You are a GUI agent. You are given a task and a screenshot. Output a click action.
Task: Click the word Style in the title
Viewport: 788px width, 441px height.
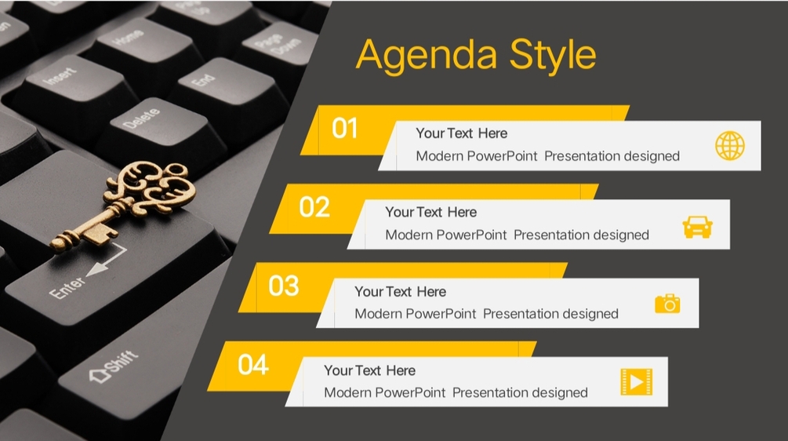tap(553, 55)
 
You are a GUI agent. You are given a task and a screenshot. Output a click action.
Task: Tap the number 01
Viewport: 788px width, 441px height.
tap(345, 128)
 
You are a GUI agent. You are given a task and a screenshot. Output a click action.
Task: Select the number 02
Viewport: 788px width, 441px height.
tap(314, 207)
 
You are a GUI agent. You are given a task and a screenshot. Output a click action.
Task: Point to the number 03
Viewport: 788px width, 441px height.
tap(284, 286)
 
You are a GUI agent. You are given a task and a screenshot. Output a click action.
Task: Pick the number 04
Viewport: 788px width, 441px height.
tap(253, 365)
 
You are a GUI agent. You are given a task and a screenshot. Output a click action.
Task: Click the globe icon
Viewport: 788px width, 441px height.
tap(730, 146)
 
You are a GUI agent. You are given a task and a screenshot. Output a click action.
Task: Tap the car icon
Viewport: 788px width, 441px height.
tap(698, 227)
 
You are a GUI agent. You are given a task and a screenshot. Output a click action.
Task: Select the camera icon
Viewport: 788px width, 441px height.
tap(667, 304)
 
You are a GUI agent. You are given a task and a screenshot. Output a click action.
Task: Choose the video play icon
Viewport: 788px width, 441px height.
tap(637, 382)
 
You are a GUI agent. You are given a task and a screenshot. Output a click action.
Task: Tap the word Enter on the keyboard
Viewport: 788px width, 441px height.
tap(67, 288)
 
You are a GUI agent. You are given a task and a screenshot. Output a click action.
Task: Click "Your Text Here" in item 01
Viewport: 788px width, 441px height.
tap(461, 133)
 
